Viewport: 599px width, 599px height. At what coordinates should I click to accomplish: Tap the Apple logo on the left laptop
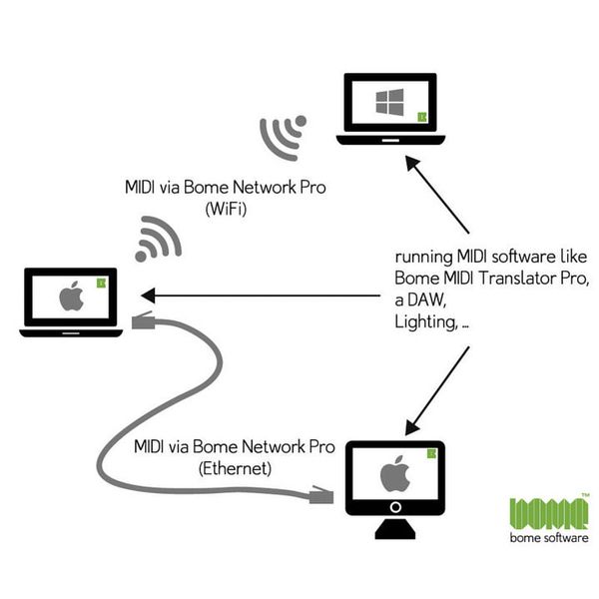[71, 298]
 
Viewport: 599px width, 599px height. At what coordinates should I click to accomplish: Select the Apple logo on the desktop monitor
[394, 473]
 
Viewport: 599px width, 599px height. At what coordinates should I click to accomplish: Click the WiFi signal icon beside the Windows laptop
[282, 137]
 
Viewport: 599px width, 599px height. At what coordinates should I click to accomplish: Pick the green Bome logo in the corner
[548, 513]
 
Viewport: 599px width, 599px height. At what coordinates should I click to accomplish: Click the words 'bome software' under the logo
[548, 538]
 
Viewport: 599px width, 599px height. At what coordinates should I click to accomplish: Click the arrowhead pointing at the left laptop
[149, 296]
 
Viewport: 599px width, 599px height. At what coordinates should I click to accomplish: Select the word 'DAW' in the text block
[426, 299]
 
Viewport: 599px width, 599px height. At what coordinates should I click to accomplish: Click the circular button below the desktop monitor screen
[395, 507]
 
